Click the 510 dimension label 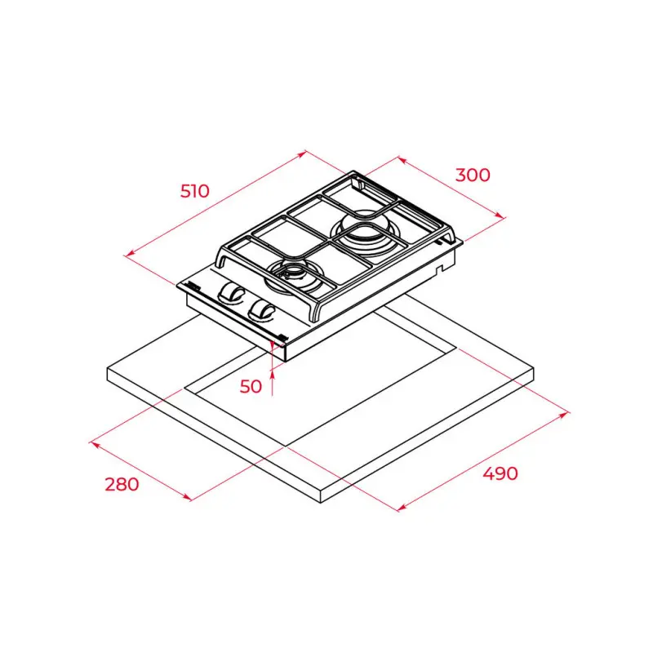pyautogui.click(x=195, y=192)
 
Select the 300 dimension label pyautogui.click(x=473, y=175)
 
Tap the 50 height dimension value pyautogui.click(x=251, y=386)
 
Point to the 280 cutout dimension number pyautogui.click(x=122, y=483)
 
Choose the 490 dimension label pyautogui.click(x=499, y=473)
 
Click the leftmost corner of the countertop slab pyautogui.click(x=108, y=372)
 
